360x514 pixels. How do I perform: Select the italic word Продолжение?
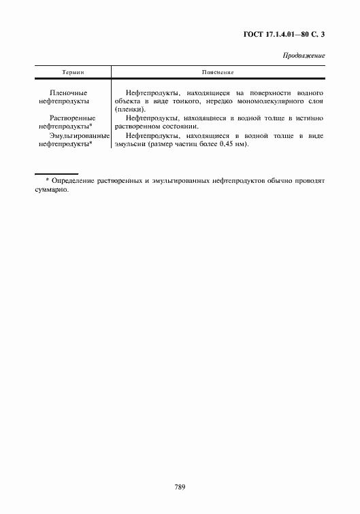click(304, 55)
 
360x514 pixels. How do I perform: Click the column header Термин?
click(72, 71)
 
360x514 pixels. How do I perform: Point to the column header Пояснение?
click(217, 71)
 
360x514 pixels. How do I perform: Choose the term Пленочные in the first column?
click(69, 92)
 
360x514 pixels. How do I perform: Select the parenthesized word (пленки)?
click(131, 109)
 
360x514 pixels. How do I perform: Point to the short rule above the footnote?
click(56, 173)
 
